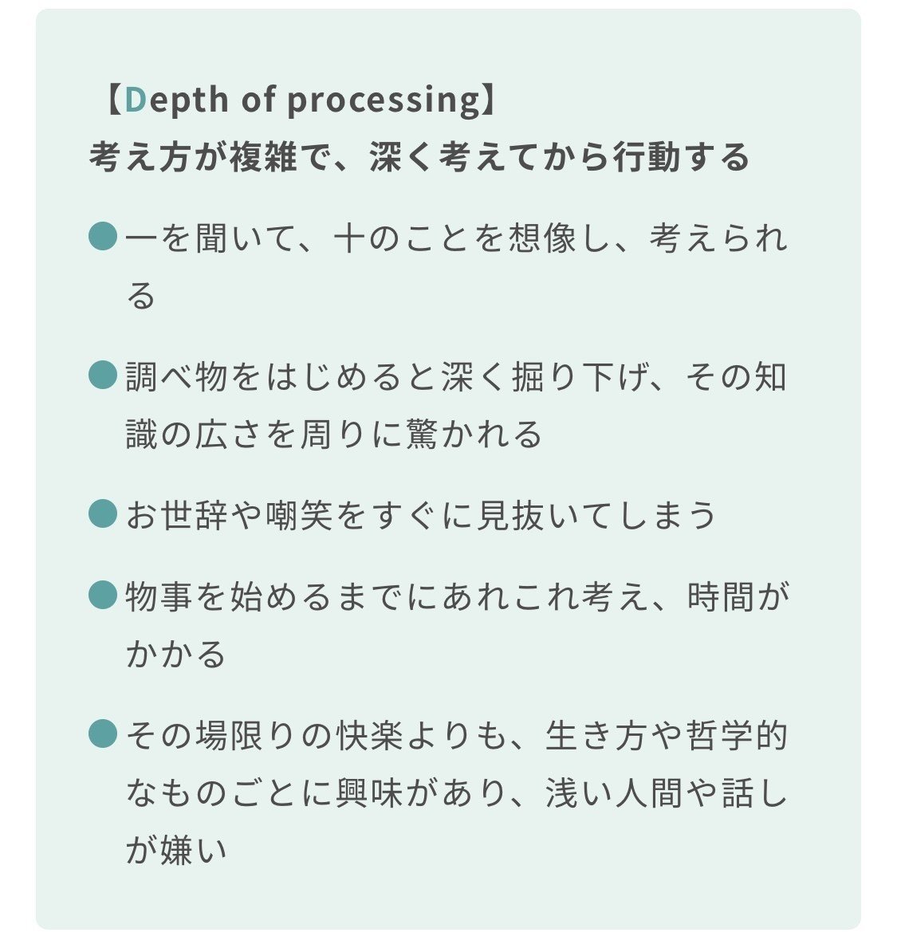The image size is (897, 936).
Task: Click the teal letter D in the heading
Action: (x=136, y=99)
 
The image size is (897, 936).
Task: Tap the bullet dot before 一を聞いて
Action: (x=103, y=237)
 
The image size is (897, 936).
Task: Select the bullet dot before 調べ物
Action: (x=103, y=375)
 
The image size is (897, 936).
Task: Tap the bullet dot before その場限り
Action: (x=103, y=733)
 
